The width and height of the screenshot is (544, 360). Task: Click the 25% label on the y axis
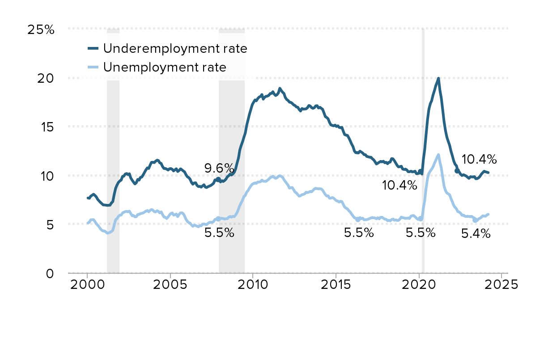tap(41, 30)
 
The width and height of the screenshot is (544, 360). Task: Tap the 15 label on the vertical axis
tap(47, 127)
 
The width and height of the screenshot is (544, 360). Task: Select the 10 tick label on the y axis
tap(47, 176)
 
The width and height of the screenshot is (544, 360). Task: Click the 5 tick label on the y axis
tap(50, 224)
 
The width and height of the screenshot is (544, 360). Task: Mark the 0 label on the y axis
tap(50, 273)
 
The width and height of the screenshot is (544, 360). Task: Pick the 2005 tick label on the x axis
tap(170, 286)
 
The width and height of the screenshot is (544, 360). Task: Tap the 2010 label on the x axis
tap(253, 286)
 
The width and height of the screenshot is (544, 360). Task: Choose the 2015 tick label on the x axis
tap(336, 286)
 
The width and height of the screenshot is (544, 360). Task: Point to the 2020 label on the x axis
tap(419, 286)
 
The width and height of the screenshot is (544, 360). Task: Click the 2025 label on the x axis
tap(501, 286)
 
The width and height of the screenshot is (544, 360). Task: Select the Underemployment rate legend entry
tap(175, 48)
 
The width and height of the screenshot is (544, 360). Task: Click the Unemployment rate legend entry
tap(164, 68)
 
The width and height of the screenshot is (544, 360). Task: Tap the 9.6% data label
tap(219, 169)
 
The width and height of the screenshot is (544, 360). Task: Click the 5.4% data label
tap(476, 233)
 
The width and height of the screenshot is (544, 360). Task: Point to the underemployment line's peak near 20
tap(438, 79)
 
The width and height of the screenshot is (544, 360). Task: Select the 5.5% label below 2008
tap(219, 233)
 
